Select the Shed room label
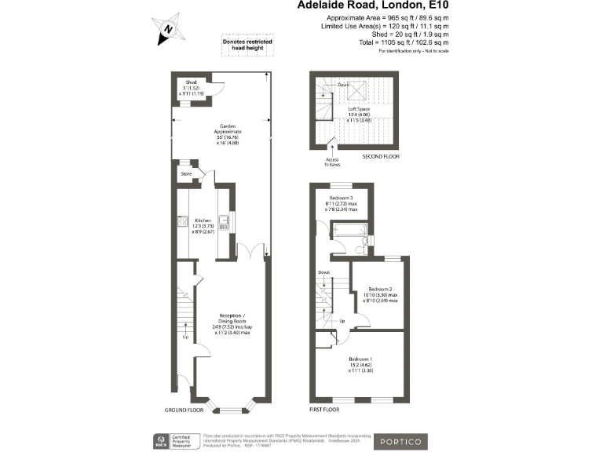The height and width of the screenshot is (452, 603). (x=191, y=82)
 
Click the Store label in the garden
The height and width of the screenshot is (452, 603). (x=187, y=173)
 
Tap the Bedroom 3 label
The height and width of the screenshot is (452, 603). (x=341, y=198)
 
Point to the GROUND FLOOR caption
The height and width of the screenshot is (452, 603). (x=184, y=410)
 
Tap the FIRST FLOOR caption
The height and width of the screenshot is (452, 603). (x=327, y=410)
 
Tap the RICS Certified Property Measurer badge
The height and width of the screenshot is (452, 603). (x=173, y=440)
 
